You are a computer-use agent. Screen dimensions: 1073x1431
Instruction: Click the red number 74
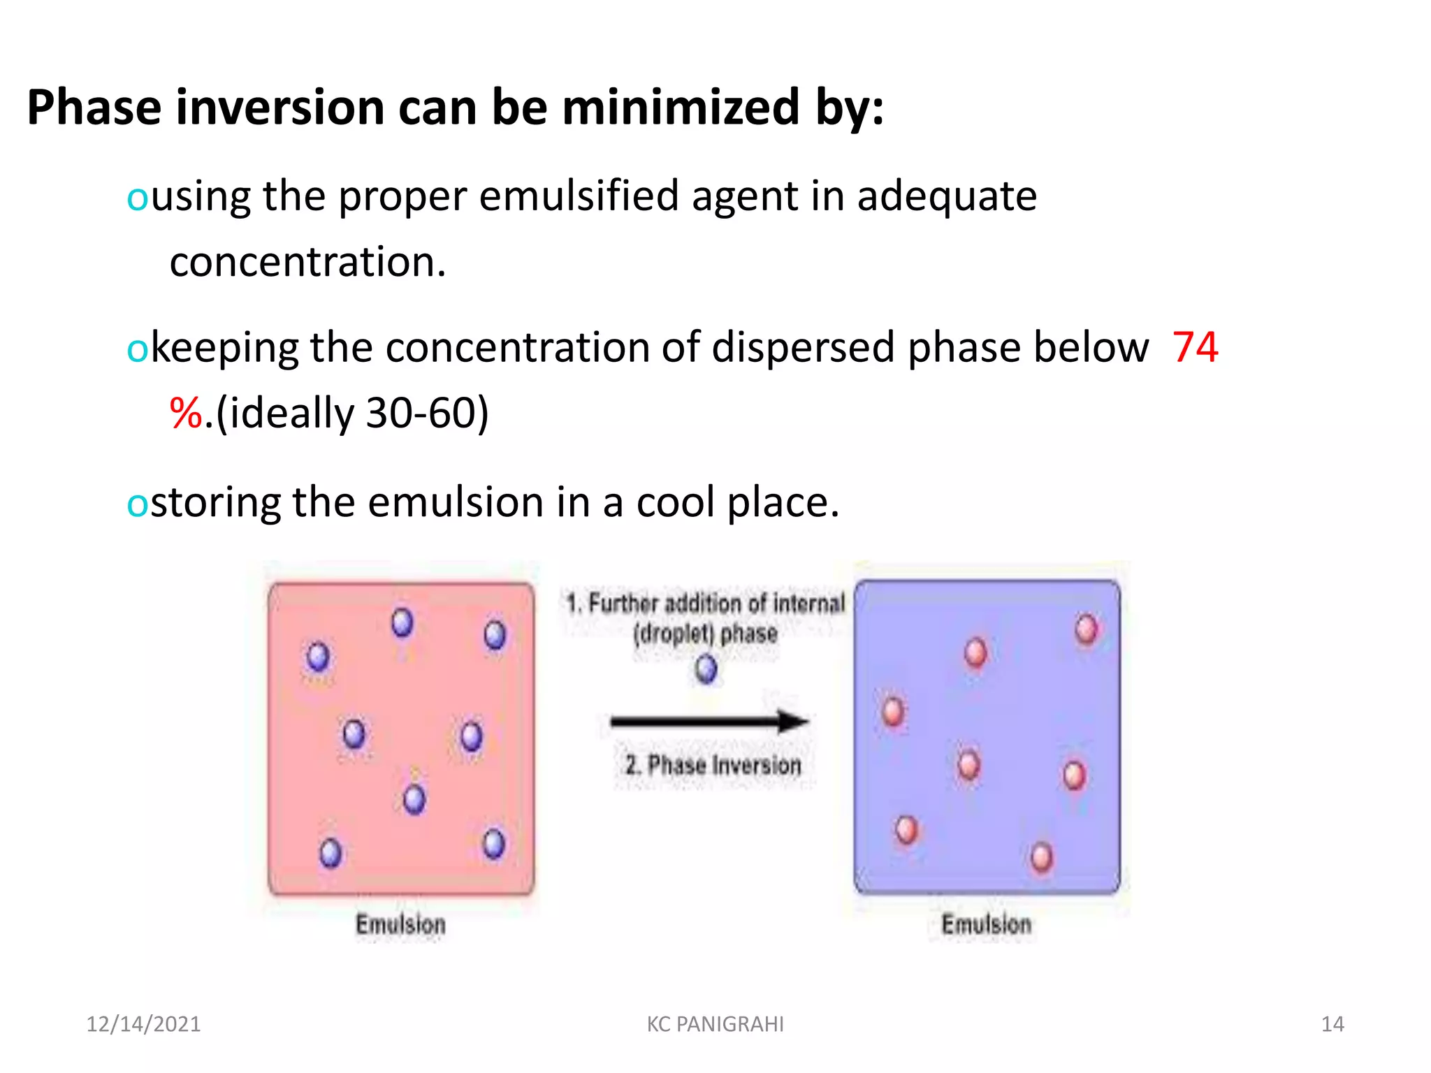click(x=1195, y=347)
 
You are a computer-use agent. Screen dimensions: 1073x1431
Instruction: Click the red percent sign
click(x=186, y=413)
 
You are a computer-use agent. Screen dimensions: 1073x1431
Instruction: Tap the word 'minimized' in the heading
click(x=681, y=108)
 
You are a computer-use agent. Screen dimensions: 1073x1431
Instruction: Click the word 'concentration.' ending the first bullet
click(x=307, y=262)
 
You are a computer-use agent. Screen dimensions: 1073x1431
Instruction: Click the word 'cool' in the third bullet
click(x=675, y=502)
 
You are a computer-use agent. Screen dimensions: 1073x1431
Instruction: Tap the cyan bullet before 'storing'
click(x=136, y=504)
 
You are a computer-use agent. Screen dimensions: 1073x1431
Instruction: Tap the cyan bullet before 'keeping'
click(x=136, y=349)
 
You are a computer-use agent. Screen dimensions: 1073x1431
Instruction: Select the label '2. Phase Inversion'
click(x=713, y=765)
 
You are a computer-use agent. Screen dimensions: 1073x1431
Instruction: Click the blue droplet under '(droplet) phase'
click(x=706, y=669)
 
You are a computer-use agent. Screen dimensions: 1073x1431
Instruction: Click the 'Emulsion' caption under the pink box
click(x=400, y=924)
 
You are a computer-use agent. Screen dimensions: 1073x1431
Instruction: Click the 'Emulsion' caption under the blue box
click(x=986, y=924)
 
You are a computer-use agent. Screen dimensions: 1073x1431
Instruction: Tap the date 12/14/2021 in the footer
click(x=143, y=1024)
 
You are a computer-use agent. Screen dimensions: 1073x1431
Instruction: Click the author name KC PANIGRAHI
click(x=715, y=1024)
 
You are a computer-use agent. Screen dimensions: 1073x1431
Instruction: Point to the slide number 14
click(x=1332, y=1024)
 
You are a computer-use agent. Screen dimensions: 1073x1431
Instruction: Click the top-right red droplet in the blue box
click(x=1086, y=629)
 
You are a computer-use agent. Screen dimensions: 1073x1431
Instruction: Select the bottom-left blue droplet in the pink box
click(x=330, y=853)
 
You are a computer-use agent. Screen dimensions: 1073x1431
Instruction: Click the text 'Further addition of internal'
click(x=716, y=603)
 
